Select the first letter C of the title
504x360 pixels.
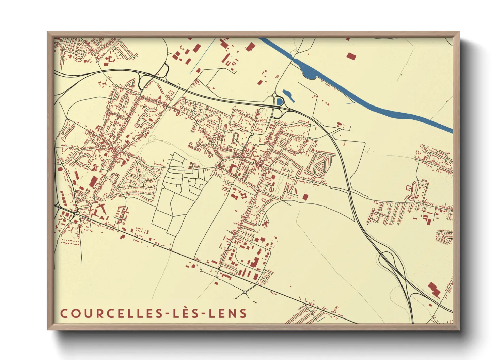(64, 313)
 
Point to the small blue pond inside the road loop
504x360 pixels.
(280, 101)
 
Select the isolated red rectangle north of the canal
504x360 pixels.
(351, 56)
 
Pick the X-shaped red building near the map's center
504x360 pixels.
(265, 223)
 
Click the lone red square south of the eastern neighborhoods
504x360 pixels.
(305, 197)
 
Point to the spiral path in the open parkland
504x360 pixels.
(153, 138)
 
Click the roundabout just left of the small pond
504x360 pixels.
(274, 96)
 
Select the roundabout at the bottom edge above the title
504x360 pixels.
(245, 292)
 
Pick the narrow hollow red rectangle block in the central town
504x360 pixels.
(236, 138)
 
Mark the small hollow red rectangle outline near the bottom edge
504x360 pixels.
(336, 308)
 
